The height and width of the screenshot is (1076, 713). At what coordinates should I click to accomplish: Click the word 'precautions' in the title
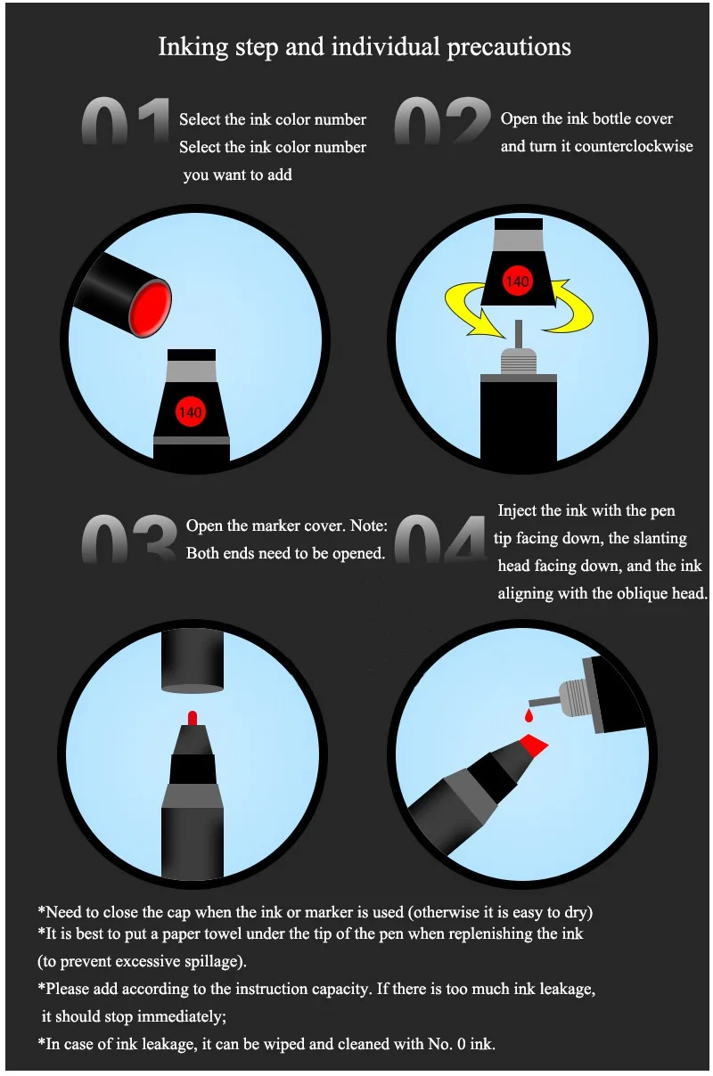[509, 47]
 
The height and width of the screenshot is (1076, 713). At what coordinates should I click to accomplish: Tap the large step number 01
[126, 120]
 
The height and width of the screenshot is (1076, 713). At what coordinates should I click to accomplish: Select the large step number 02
[442, 120]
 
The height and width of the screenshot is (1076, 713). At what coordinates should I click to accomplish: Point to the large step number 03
[129, 538]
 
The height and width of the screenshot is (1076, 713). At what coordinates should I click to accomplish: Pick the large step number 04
[439, 538]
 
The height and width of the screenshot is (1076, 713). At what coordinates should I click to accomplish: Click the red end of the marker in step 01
[150, 309]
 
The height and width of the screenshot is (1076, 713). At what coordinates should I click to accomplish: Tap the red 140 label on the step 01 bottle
[191, 412]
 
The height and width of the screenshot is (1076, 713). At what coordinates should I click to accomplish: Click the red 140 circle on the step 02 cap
[517, 281]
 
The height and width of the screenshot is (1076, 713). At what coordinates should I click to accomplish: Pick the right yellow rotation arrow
[571, 306]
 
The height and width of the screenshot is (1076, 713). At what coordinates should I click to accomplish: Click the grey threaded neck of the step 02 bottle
[519, 361]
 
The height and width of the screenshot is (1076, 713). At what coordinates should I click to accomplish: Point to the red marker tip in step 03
[193, 718]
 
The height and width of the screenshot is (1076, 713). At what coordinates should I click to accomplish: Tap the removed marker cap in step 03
[193, 662]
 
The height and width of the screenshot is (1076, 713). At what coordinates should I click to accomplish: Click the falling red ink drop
[529, 716]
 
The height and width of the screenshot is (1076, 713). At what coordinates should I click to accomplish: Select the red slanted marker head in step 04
[533, 744]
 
